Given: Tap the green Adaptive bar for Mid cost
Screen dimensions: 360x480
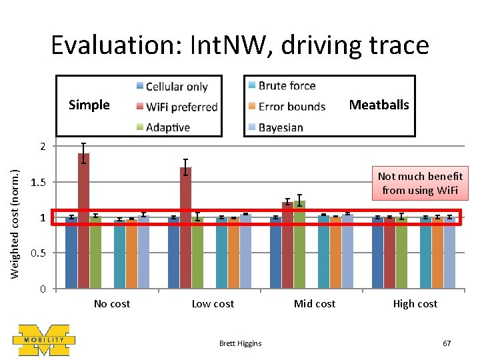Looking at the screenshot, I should (x=299, y=244).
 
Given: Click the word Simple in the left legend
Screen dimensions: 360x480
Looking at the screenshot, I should (x=89, y=105).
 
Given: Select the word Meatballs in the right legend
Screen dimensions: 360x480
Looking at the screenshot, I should (x=379, y=105).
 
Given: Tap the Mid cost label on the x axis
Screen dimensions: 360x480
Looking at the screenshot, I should (x=315, y=304).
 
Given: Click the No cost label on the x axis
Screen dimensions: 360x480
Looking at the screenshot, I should (x=112, y=304).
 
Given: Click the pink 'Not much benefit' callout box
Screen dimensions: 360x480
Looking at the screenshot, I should (x=420, y=183).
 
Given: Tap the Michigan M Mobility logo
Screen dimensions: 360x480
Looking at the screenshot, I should (x=44, y=339).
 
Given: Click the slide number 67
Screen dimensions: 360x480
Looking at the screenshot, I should (x=447, y=343).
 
